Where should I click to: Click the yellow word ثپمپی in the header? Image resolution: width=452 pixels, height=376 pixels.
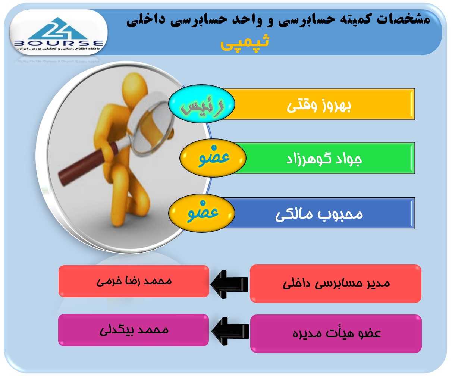245,43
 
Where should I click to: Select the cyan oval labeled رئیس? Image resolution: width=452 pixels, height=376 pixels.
201,104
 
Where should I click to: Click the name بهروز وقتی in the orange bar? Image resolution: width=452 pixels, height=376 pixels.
318,106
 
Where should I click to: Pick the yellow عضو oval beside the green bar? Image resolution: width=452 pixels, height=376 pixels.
213,158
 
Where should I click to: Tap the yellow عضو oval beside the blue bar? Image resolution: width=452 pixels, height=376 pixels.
201,213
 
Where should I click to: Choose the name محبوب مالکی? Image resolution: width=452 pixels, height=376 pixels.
319,214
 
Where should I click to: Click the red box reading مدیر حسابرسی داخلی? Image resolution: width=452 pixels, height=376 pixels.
336,283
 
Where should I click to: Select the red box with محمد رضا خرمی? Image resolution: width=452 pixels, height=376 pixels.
134,281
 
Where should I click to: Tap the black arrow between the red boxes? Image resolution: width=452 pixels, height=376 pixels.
229,284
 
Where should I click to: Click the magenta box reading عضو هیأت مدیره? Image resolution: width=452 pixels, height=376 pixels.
336,333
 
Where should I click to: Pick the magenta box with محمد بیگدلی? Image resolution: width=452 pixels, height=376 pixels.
134,330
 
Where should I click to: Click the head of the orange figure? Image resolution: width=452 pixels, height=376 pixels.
135,89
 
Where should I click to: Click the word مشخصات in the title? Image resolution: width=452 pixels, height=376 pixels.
403,19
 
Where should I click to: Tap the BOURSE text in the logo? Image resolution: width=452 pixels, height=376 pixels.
58,43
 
